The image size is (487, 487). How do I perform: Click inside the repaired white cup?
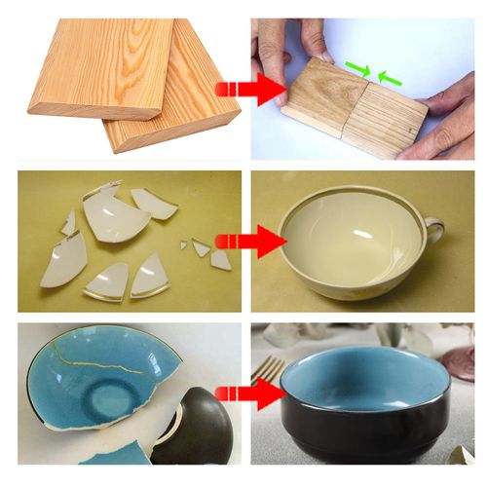[351, 234]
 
